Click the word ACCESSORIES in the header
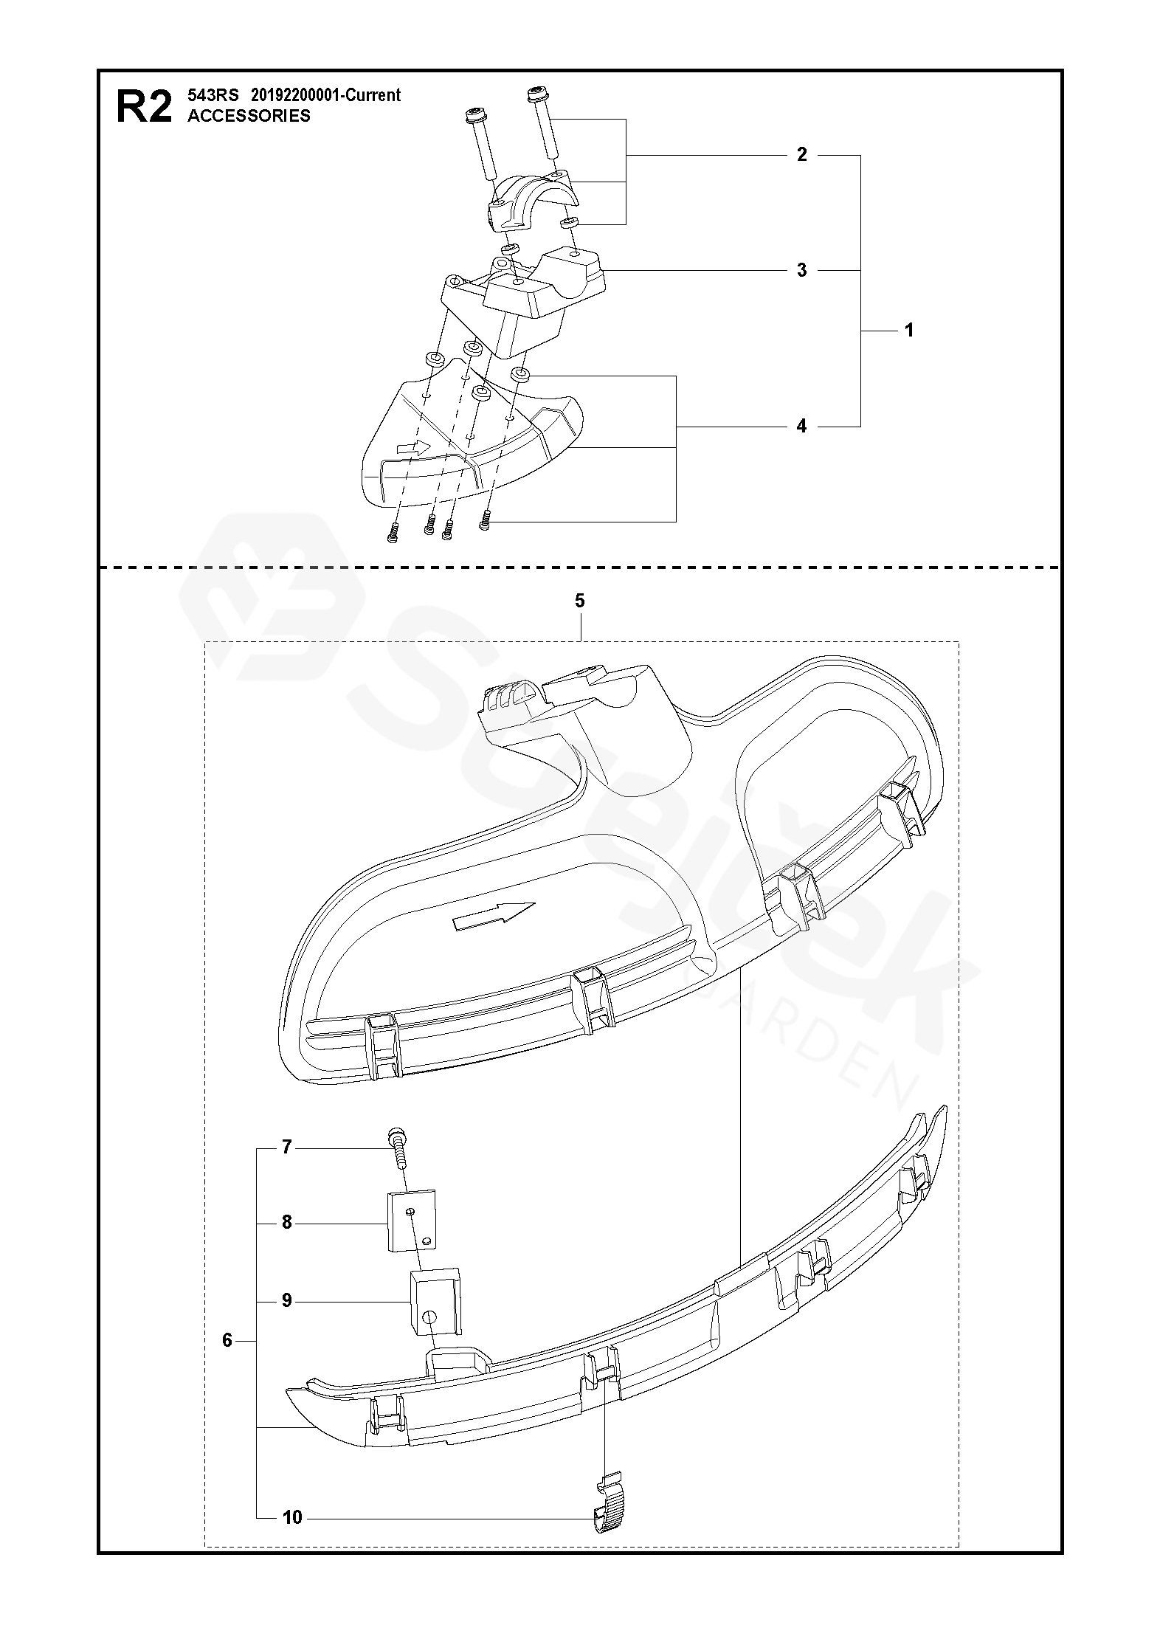click(x=249, y=116)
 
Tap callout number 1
click(x=909, y=331)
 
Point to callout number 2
click(x=802, y=155)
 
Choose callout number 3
click(x=802, y=270)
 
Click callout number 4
click(x=802, y=427)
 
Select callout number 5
click(x=579, y=601)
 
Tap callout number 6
click(x=227, y=1340)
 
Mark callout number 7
click(x=287, y=1147)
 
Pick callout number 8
click(x=287, y=1223)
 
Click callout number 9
click(x=287, y=1300)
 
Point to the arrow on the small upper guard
click(x=413, y=447)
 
